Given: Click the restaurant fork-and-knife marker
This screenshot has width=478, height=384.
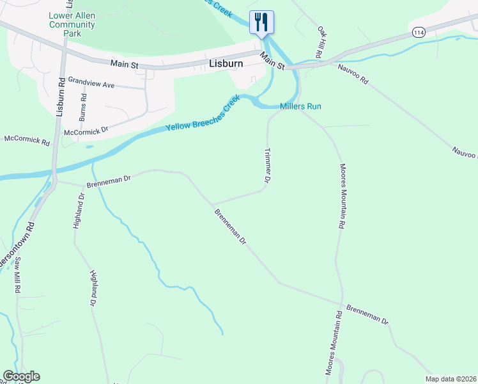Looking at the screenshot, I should pyautogui.click(x=261, y=22).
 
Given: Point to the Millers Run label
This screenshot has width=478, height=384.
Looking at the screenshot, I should pyautogui.click(x=300, y=106).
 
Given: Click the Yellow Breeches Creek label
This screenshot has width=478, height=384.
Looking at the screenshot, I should pyautogui.click(x=203, y=113).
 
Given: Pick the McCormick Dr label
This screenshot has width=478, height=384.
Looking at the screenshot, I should pyautogui.click(x=87, y=131).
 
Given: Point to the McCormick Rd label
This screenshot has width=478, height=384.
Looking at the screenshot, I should pyautogui.click(x=26, y=139).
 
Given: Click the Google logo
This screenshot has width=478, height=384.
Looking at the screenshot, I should pyautogui.click(x=21, y=376).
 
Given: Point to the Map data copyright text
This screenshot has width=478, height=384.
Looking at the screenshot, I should pyautogui.click(x=450, y=378).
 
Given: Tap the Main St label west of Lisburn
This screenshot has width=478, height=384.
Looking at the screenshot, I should pyautogui.click(x=124, y=63).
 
